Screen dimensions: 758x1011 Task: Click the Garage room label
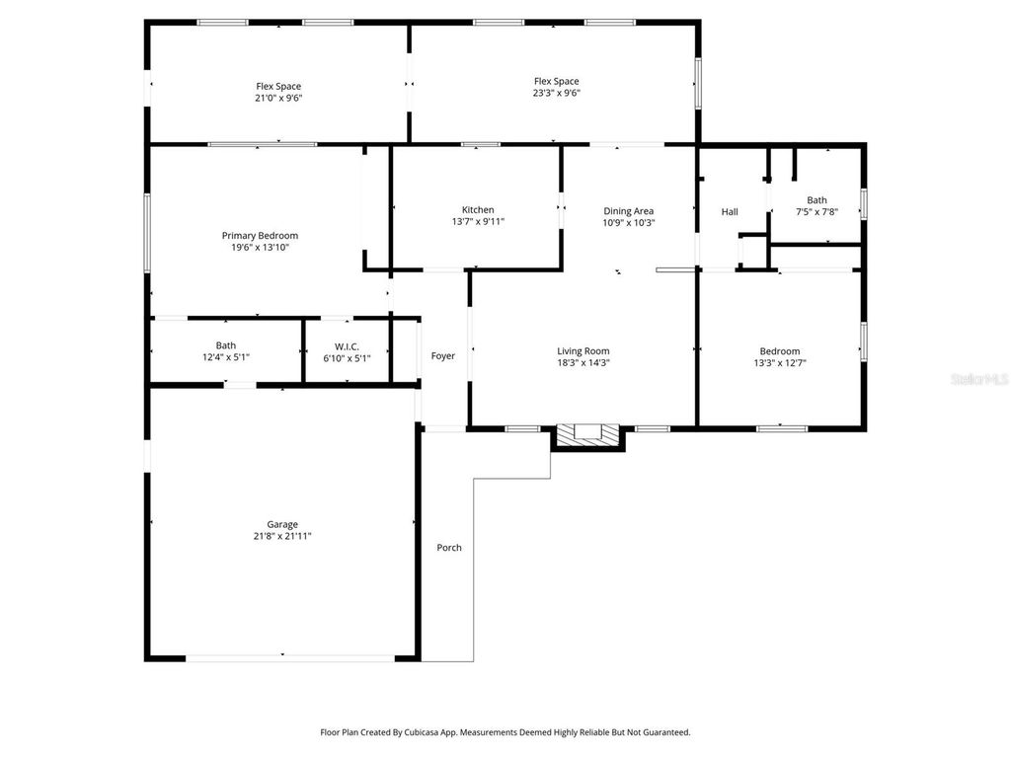[281, 524]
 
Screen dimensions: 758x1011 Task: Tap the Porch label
[449, 548]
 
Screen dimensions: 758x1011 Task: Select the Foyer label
[443, 355]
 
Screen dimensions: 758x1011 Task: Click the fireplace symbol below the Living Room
[588, 434]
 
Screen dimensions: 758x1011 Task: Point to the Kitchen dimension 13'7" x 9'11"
[478, 222]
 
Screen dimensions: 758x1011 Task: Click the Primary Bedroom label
[260, 235]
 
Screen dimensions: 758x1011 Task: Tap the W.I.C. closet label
[347, 345]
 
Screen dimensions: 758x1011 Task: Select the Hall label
[730, 211]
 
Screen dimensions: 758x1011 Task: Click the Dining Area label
[629, 210]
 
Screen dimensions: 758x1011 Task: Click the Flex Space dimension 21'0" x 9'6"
[278, 98]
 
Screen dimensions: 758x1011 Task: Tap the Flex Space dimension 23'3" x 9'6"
[556, 93]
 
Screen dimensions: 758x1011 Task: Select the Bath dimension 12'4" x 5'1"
[226, 357]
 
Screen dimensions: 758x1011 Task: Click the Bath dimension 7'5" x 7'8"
[817, 211]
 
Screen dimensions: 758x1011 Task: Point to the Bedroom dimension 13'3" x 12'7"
[780, 362]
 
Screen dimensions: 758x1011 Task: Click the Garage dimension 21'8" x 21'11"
[281, 536]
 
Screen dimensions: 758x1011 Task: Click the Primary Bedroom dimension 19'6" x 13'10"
[260, 247]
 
